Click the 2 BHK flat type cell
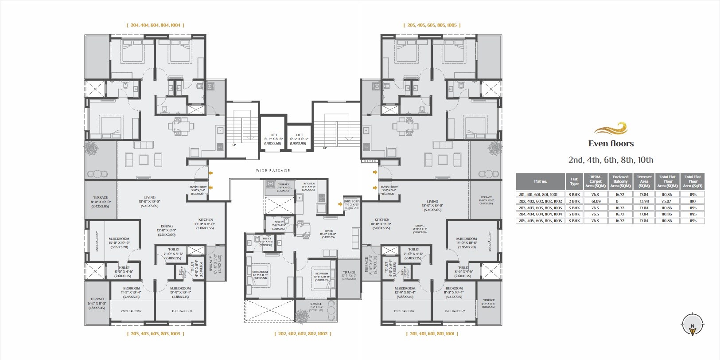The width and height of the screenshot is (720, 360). point(574,201)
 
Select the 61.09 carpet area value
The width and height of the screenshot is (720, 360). point(595,201)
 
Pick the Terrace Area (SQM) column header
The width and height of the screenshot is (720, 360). point(644,181)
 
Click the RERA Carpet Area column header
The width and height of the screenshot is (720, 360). point(595,181)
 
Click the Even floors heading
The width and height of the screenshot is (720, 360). point(611,144)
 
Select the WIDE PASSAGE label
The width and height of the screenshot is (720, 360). point(273,171)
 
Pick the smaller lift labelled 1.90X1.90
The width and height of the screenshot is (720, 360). point(300,139)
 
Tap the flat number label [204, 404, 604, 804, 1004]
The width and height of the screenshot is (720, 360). point(155,25)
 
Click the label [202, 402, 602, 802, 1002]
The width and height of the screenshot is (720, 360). point(302,333)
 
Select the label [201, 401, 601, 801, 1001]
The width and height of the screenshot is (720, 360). point(432,333)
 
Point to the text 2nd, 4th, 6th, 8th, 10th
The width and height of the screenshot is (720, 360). point(611,160)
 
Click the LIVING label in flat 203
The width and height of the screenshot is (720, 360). point(150,198)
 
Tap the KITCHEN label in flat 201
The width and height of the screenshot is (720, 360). point(381,219)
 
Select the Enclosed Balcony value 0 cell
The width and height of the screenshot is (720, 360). point(620,201)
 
